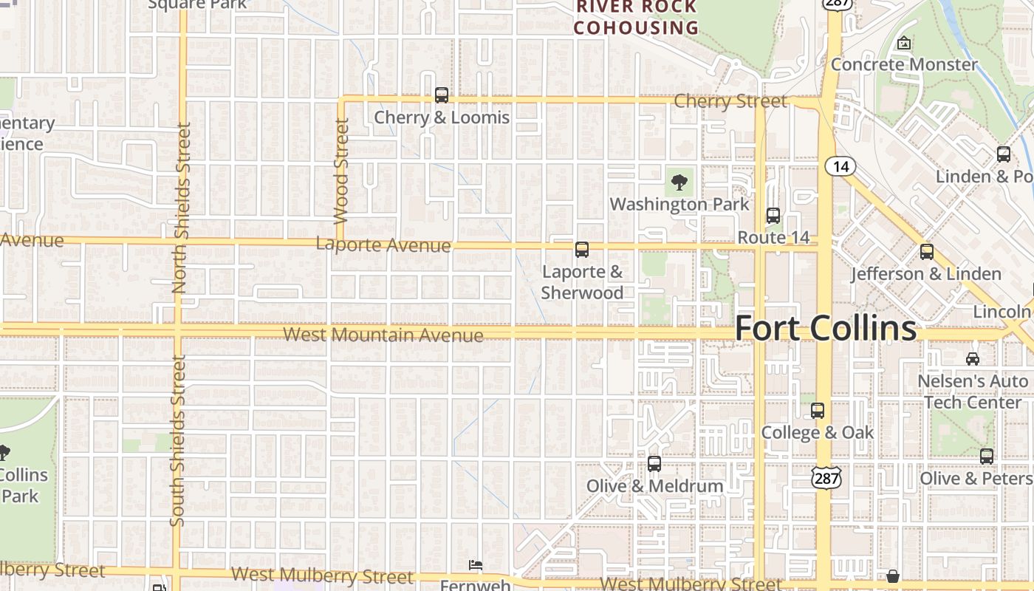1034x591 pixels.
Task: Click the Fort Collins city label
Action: [826, 328]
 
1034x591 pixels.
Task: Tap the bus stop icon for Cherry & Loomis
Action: [442, 95]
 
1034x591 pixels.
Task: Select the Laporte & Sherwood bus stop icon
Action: [582, 250]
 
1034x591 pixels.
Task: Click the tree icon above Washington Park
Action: [679, 182]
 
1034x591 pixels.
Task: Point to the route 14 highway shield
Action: [840, 166]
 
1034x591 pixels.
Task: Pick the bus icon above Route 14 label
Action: [773, 216]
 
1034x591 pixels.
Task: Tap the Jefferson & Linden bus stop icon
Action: [927, 252]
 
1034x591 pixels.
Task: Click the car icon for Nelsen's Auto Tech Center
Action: [973, 359]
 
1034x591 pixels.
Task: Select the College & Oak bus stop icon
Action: [818, 411]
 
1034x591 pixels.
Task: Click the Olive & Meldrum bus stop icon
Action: [654, 464]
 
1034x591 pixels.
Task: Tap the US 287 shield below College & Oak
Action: [826, 477]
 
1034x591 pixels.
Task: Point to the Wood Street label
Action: [341, 171]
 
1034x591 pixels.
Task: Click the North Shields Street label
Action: [182, 208]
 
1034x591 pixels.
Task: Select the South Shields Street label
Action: [177, 441]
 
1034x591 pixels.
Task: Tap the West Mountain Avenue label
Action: [383, 335]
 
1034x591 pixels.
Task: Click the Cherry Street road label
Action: [730, 101]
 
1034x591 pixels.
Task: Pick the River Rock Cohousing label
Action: [636, 18]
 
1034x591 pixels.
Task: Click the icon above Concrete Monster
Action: [903, 44]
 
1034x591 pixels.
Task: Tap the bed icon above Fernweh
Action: [476, 565]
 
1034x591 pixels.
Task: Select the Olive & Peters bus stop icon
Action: [987, 457]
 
